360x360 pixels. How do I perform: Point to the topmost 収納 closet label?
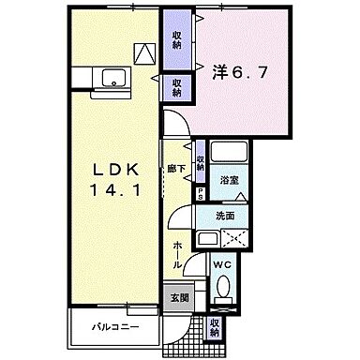(176, 39)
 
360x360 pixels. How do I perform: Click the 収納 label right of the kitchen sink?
(176, 87)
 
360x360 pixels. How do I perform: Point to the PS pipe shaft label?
(201, 194)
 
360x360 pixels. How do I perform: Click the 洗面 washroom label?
(226, 214)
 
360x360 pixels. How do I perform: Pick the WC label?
(223, 265)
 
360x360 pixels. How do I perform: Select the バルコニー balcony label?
(115, 328)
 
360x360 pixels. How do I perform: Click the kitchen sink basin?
(116, 78)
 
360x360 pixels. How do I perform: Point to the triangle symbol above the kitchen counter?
(145, 53)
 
